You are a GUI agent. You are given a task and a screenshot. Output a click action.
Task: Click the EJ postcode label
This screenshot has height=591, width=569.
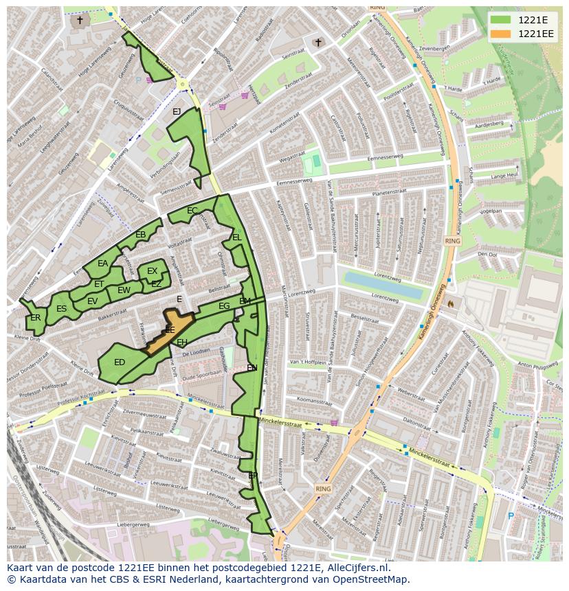pyautogui.click(x=177, y=112)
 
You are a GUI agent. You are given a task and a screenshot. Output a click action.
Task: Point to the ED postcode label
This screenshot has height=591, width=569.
pyautogui.click(x=120, y=362)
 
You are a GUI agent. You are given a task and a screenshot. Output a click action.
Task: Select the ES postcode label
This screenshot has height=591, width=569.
pyautogui.click(x=62, y=309)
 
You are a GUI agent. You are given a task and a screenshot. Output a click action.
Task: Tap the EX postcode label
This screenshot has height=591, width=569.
pyautogui.click(x=153, y=272)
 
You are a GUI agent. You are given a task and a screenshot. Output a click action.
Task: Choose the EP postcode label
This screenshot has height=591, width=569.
pyautogui.click(x=253, y=475)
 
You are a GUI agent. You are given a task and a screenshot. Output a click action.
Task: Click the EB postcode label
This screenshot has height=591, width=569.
pyautogui.click(x=141, y=235)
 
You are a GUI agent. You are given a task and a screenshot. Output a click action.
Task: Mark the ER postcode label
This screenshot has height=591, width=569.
pyautogui.click(x=35, y=318)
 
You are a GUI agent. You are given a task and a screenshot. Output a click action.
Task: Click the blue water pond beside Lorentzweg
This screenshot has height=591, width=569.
pyautogui.click(x=382, y=285)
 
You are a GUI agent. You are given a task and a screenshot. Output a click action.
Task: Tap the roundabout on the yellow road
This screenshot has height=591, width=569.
pyautogui.click(x=183, y=84)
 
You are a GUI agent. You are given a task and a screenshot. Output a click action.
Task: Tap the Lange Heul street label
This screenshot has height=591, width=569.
pyautogui.click(x=504, y=176)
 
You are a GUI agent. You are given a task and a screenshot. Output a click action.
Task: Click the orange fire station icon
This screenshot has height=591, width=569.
pyautogui.click(x=451, y=303)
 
